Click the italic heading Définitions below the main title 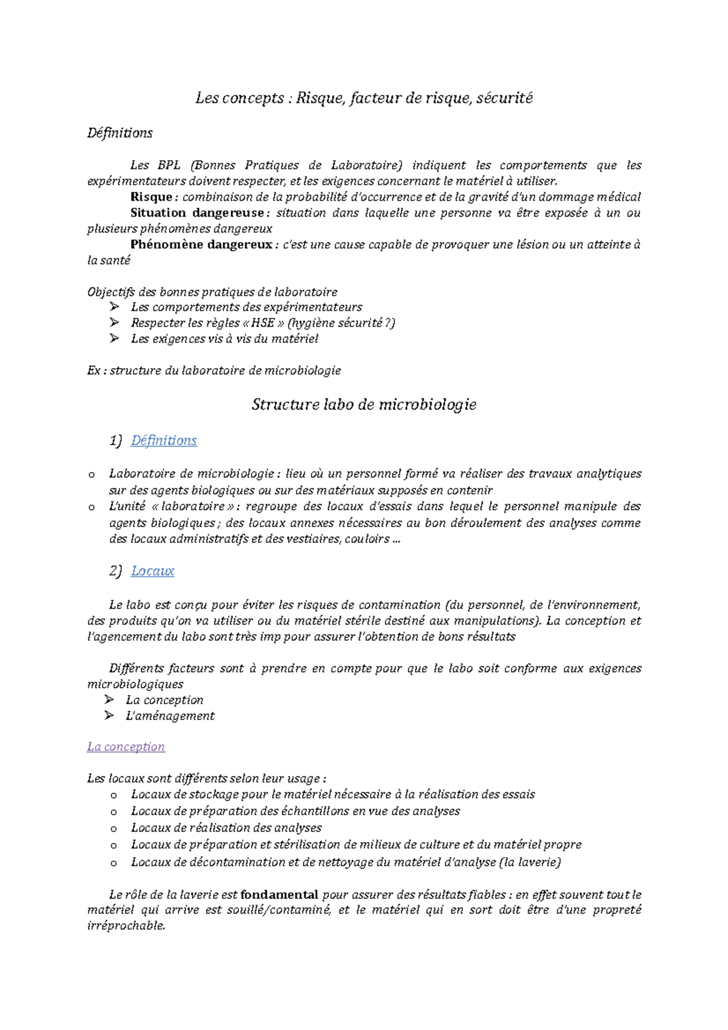(120, 133)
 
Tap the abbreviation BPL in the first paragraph (169, 165)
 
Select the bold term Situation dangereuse (197, 213)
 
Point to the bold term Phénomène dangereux (201, 244)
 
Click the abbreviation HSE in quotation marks (263, 323)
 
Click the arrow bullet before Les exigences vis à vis (115, 338)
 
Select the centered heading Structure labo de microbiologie (364, 405)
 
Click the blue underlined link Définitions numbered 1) (164, 440)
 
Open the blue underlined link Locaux (152, 571)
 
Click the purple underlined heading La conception (126, 747)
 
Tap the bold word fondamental (279, 894)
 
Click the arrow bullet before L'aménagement (109, 716)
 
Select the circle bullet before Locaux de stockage (113, 795)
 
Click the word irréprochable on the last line (126, 926)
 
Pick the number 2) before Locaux (115, 571)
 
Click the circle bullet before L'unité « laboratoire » (91, 507)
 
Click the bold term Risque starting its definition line (152, 197)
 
